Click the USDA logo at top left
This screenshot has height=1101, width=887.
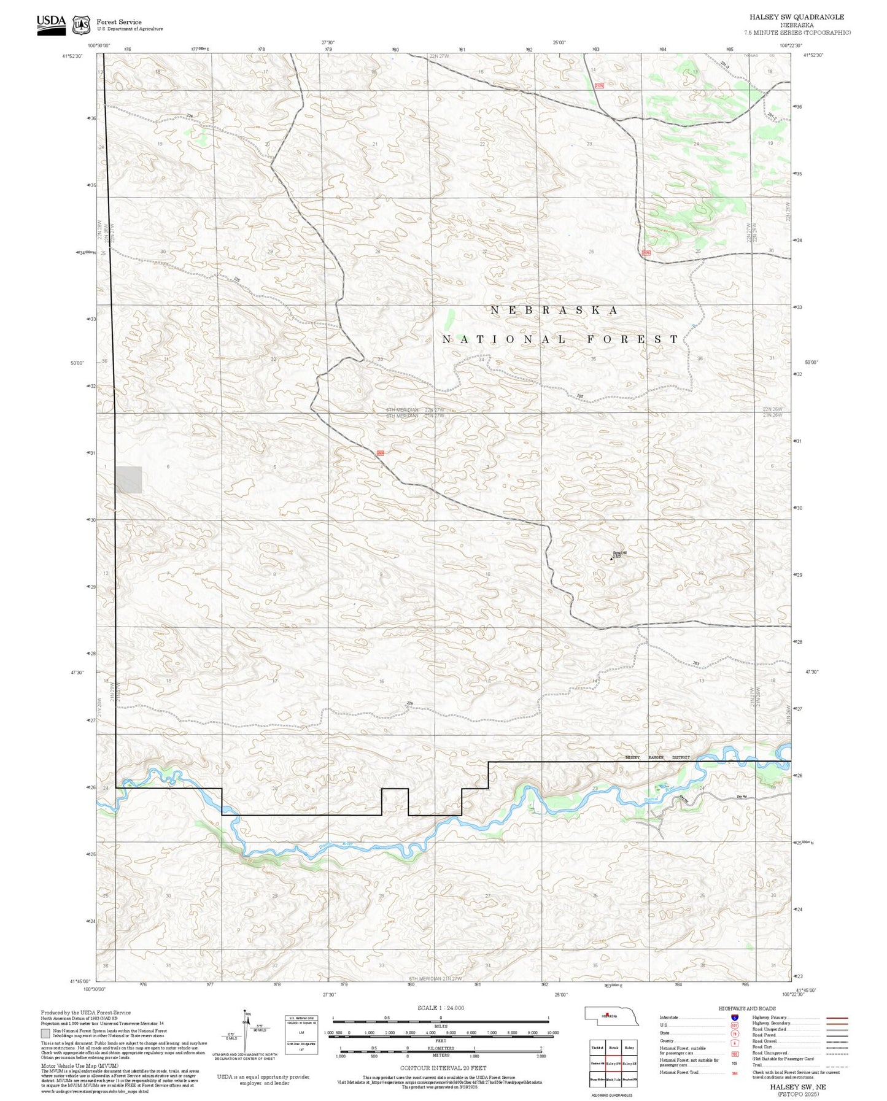(x=51, y=24)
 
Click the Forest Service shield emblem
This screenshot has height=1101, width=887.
(x=81, y=25)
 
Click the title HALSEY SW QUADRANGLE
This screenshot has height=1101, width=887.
(x=796, y=17)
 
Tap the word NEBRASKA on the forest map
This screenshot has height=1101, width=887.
(x=554, y=311)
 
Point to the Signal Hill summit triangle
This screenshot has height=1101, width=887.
(x=611, y=558)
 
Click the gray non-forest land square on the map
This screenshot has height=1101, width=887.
(x=129, y=479)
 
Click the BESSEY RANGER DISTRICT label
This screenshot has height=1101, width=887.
(x=657, y=757)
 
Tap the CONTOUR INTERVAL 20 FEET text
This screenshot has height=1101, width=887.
(x=443, y=1068)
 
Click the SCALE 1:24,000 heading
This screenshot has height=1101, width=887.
(x=441, y=1008)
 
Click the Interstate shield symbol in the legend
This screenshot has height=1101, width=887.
(x=734, y=1018)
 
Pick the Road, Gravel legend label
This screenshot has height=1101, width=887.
(x=766, y=1042)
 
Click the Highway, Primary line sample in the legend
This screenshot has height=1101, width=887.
(x=837, y=1018)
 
